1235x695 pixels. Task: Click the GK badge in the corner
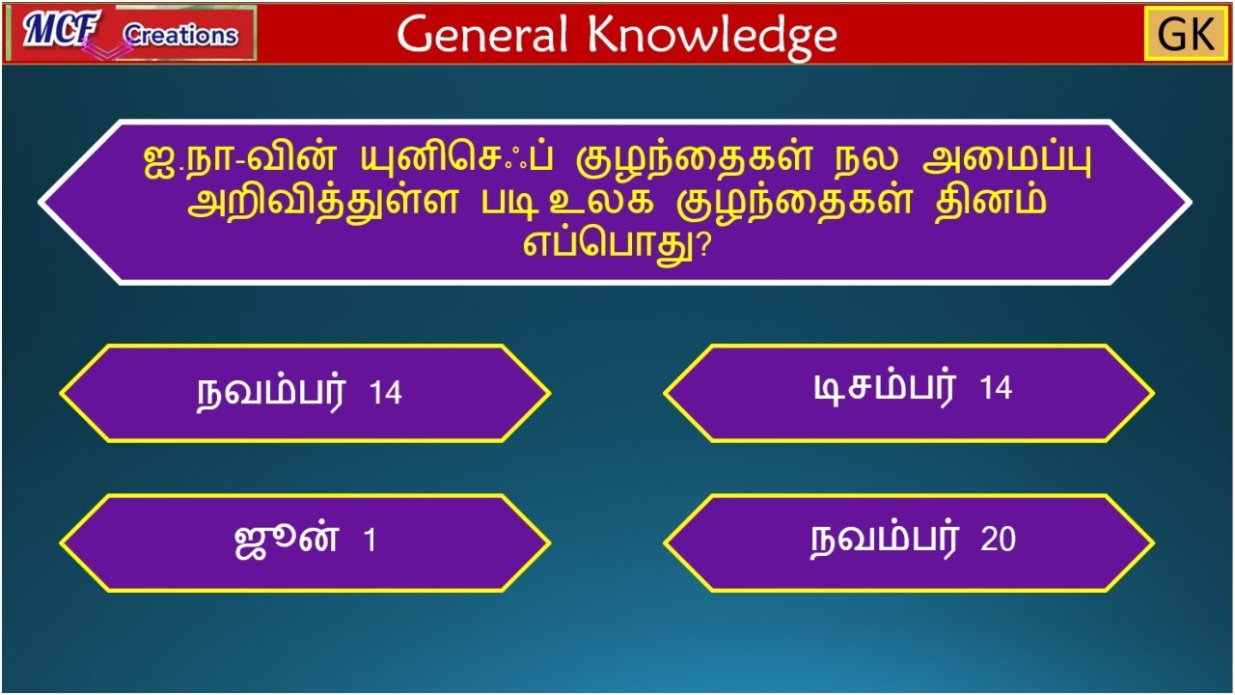tap(1186, 35)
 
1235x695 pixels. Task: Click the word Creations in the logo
tap(180, 36)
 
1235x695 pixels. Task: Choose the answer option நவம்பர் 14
tap(305, 393)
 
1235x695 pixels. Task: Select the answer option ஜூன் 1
tap(305, 542)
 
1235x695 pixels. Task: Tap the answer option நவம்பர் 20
tap(908, 541)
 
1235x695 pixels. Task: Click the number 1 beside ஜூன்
tap(370, 542)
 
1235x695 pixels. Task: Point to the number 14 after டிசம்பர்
tap(996, 389)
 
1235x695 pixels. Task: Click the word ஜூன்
tap(287, 540)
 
